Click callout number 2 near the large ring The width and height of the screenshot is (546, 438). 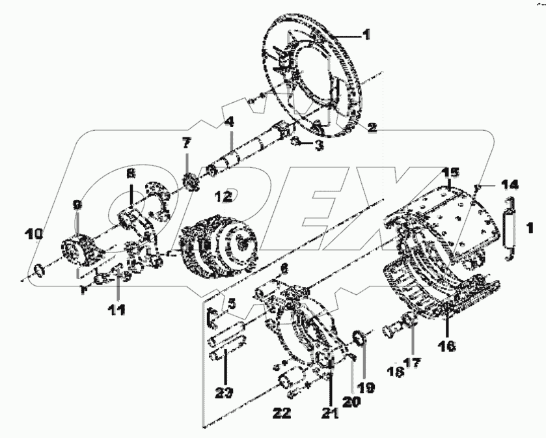[x=371, y=127]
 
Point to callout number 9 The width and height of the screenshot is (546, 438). [x=77, y=205]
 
